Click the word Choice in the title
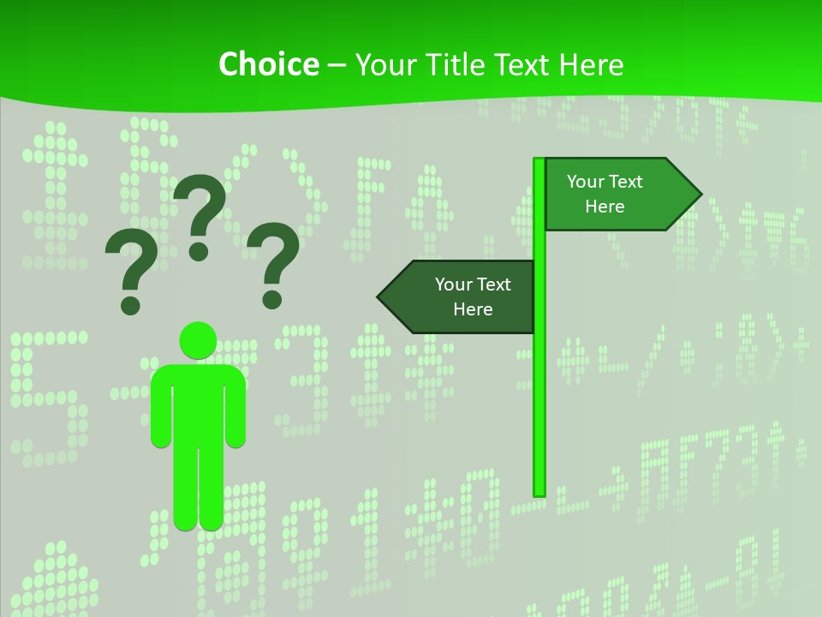(268, 64)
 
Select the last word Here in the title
(591, 64)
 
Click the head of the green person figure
(199, 340)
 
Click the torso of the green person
(199, 403)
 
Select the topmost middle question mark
(200, 210)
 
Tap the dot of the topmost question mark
(199, 250)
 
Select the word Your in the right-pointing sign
(587, 182)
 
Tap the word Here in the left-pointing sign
(473, 309)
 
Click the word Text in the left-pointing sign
(493, 285)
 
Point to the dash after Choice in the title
(337, 65)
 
